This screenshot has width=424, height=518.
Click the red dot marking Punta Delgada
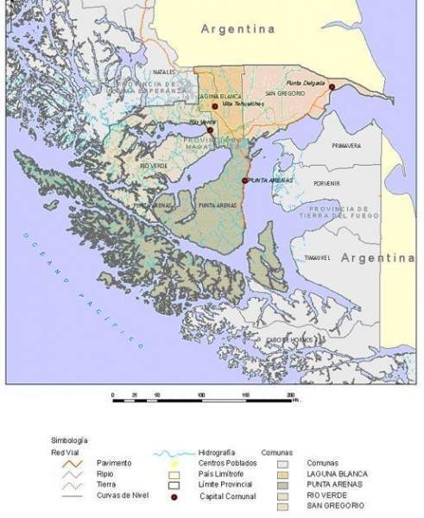pyautogui.click(x=332, y=86)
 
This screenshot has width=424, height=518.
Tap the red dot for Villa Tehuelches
pyautogui.click(x=214, y=105)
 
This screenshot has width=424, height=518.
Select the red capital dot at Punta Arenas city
pyautogui.click(x=245, y=180)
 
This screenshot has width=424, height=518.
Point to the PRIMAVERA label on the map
pyautogui.click(x=346, y=146)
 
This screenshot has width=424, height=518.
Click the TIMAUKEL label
pyautogui.click(x=318, y=258)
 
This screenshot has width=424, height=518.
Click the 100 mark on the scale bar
pyautogui.click(x=201, y=394)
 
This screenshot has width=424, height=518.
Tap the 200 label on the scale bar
pyautogui.click(x=290, y=394)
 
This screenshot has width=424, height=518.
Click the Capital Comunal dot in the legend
pyautogui.click(x=173, y=497)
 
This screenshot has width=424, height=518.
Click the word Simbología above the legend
pyautogui.click(x=69, y=440)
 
